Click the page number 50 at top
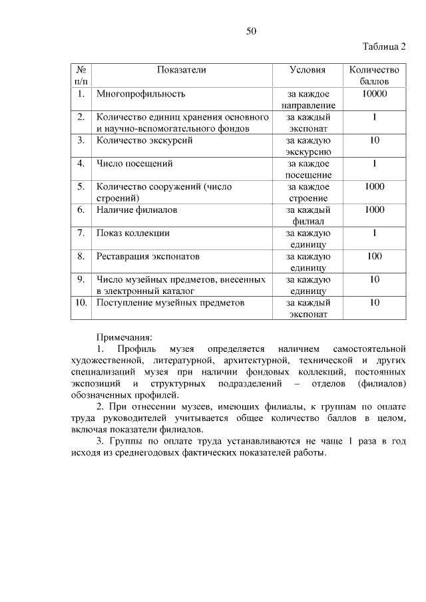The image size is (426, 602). click(251, 31)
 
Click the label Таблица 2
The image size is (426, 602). click(384, 47)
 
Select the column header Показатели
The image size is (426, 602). click(181, 69)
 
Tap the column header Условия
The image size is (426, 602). click(308, 69)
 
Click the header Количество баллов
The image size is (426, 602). click(375, 75)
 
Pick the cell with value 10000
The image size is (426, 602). click(375, 94)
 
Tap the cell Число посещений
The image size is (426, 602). click(134, 163)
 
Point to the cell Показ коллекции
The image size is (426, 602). click(133, 233)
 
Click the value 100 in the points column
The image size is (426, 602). click(375, 256)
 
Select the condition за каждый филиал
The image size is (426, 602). click(308, 216)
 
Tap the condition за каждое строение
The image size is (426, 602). click(308, 192)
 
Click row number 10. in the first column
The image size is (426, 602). click(81, 303)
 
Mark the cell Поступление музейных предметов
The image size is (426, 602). click(170, 303)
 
